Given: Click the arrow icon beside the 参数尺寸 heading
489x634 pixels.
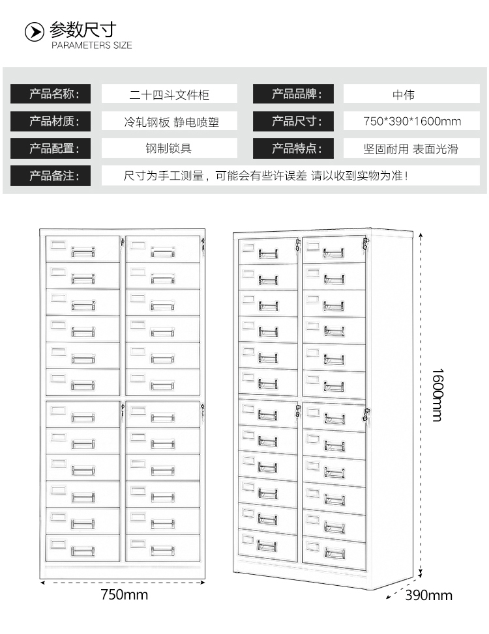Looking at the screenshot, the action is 34,32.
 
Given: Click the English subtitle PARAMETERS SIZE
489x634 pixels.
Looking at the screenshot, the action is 91,46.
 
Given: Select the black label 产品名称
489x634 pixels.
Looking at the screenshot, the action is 51,94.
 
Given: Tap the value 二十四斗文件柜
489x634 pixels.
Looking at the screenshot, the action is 170,94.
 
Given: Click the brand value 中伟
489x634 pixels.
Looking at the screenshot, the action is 404,94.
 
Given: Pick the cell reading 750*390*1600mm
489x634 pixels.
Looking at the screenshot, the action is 411,121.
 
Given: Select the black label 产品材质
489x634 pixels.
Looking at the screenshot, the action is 51,121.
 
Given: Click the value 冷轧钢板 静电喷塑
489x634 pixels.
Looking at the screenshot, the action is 171,122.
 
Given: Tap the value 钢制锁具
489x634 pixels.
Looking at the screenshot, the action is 168,148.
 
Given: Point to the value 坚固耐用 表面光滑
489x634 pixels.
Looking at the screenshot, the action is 411,149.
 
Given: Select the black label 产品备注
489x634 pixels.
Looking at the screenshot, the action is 51,176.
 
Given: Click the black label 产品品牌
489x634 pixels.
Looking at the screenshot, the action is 293,94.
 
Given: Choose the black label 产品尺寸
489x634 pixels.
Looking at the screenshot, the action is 293,121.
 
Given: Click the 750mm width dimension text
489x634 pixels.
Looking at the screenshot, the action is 125,595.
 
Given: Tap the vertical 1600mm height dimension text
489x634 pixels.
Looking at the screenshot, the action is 437,394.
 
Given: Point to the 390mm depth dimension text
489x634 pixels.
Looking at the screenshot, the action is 428,595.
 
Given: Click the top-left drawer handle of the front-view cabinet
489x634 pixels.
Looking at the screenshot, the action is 83,252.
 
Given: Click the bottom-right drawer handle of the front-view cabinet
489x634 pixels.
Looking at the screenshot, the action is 163,550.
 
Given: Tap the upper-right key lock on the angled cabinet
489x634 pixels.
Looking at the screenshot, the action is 366,244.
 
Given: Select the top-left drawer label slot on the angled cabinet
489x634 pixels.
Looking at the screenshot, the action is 248,247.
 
